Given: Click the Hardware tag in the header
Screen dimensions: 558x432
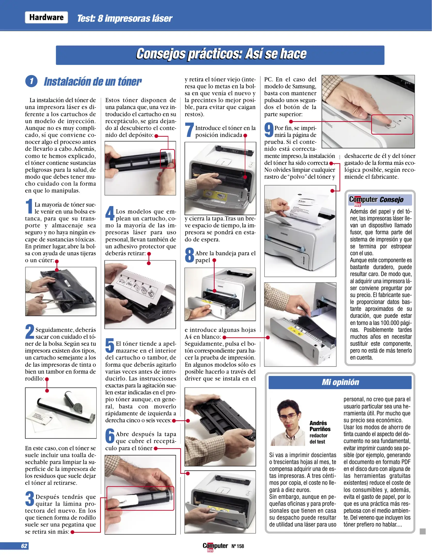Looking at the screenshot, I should (x=46, y=17).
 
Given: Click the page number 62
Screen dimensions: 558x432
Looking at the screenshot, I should (x=24, y=546).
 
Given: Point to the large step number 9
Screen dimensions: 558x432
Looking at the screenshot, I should (x=269, y=130).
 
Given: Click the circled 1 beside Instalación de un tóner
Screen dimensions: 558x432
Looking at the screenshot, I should (x=31, y=81).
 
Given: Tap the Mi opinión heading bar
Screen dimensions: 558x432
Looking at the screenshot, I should (x=340, y=382).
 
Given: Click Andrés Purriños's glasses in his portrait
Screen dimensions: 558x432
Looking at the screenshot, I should (x=289, y=416).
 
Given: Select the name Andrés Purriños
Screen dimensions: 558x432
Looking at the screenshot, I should (x=320, y=426).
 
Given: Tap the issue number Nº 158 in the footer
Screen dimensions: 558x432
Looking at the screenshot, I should (x=238, y=546).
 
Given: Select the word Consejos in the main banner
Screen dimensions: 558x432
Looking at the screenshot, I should (x=161, y=54).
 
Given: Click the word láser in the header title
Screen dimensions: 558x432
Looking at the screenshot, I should (x=162, y=18).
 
